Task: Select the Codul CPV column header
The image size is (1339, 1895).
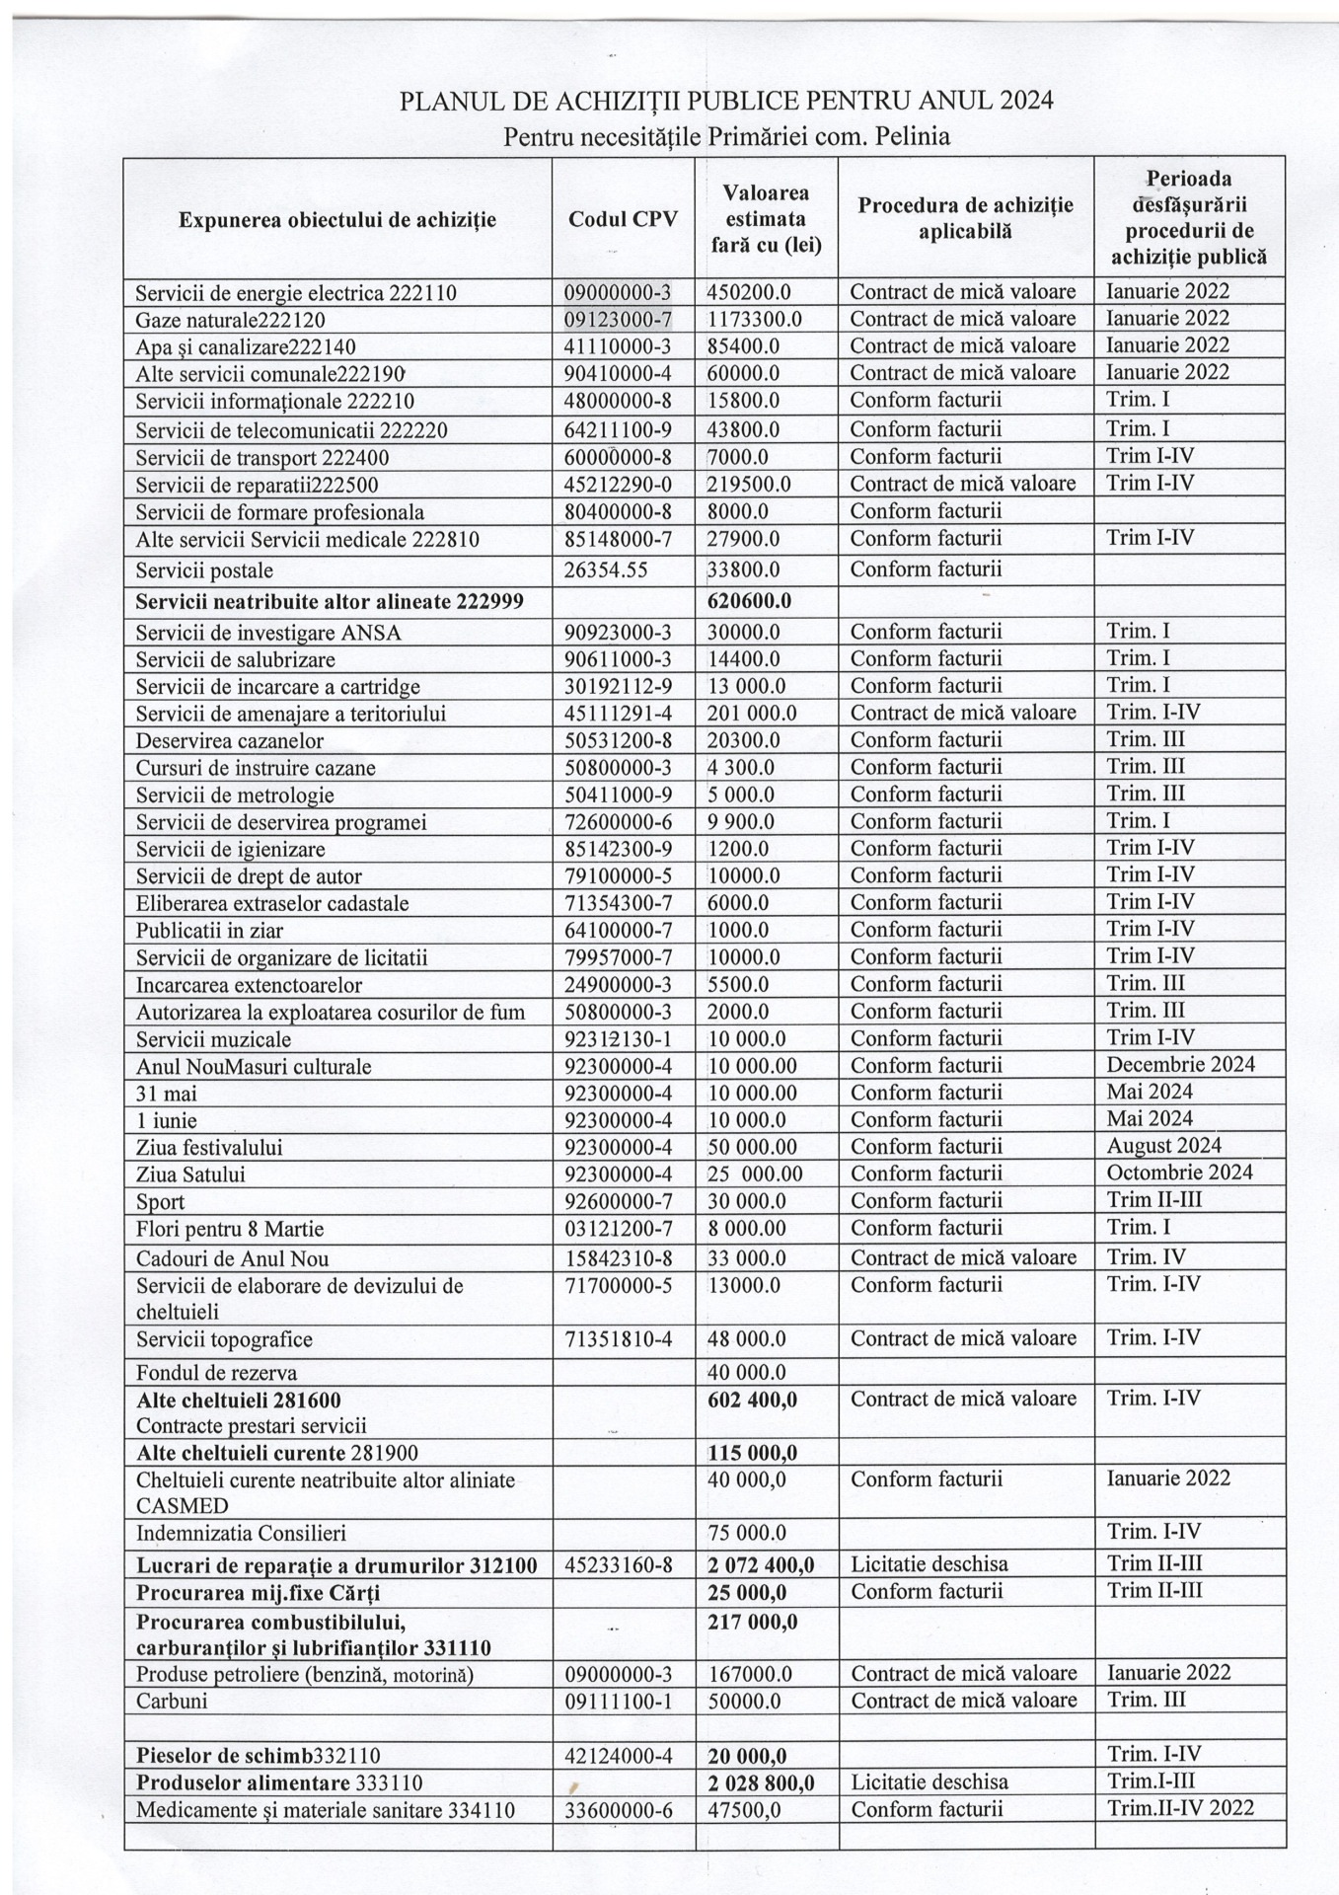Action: click(623, 219)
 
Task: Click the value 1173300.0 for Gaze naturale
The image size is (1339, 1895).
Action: click(754, 319)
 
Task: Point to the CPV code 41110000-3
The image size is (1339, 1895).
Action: click(617, 346)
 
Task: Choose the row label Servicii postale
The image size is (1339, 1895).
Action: click(204, 570)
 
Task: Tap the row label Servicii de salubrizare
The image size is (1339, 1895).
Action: click(235, 659)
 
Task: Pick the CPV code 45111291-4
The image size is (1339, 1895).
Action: click(617, 713)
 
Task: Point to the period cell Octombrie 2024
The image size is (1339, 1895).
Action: click(1179, 1173)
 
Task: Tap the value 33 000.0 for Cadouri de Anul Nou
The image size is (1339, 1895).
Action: click(747, 1258)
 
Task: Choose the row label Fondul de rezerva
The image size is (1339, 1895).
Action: click(216, 1372)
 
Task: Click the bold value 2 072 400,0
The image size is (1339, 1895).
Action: click(761, 1563)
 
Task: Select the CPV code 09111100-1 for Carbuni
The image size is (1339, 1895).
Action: click(617, 1701)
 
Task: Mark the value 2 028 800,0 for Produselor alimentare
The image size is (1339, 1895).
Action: click(761, 1782)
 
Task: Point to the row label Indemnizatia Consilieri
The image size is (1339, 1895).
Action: click(241, 1533)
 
